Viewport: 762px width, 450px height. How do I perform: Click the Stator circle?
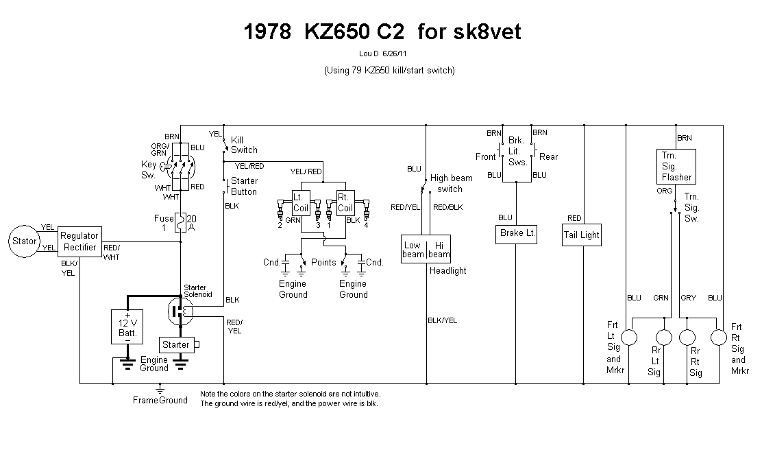(x=25, y=241)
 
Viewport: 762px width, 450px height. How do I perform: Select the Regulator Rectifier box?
(x=79, y=241)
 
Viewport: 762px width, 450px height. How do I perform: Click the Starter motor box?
(x=176, y=344)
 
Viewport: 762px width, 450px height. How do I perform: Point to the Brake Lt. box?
(x=517, y=233)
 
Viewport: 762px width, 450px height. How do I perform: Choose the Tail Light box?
(x=581, y=235)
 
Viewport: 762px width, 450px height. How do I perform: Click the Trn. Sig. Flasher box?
(x=676, y=166)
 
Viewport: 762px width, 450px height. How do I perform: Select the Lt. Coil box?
(x=302, y=202)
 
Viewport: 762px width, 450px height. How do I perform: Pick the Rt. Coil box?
(x=345, y=202)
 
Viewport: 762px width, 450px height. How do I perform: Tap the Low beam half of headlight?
(x=413, y=250)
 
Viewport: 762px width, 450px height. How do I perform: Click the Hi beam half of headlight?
(x=439, y=250)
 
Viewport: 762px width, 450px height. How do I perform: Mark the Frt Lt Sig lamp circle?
(x=630, y=338)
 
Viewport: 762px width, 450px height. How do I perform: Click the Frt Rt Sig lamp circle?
(x=718, y=338)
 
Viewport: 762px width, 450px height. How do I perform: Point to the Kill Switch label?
(x=244, y=145)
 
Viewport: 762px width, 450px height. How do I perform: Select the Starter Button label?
(x=244, y=186)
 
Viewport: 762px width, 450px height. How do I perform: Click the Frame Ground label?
(x=160, y=400)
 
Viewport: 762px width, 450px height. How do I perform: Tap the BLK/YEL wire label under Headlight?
(x=442, y=320)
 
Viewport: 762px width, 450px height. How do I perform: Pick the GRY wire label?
(x=688, y=298)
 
